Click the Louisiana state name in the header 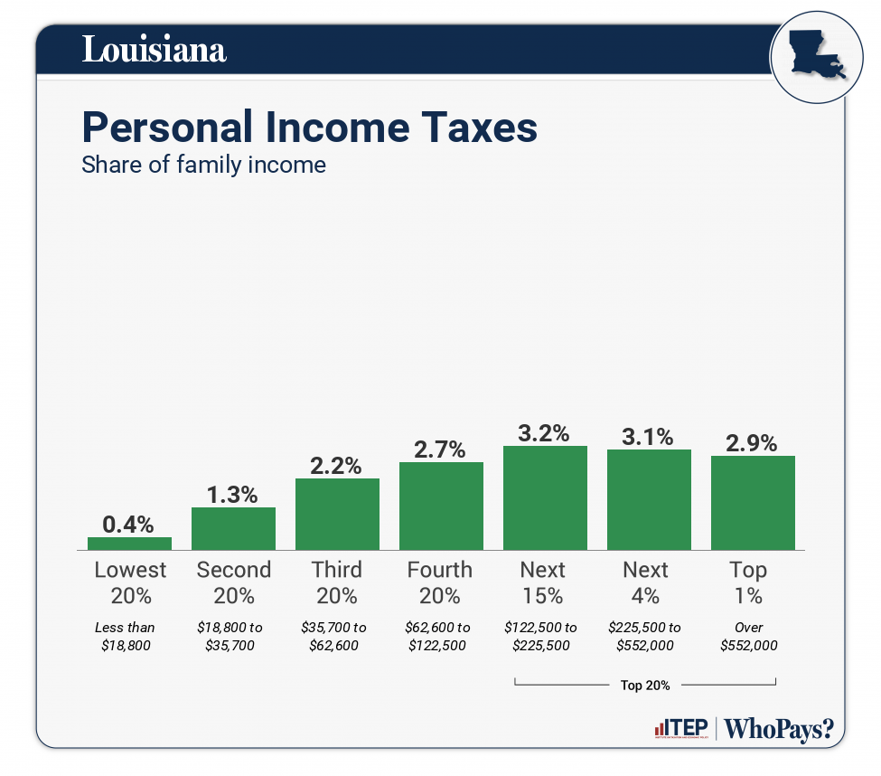tap(154, 50)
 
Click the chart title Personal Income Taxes tap(309, 128)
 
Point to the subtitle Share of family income tap(203, 166)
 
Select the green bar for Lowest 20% tap(129, 544)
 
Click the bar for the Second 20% tap(233, 528)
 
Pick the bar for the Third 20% tap(337, 514)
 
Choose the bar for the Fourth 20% tap(441, 506)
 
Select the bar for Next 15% tap(545, 497)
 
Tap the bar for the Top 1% tap(753, 502)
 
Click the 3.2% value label tap(545, 432)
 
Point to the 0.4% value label tap(128, 524)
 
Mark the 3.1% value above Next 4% tap(648, 437)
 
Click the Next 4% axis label tap(646, 582)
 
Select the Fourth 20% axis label tap(440, 582)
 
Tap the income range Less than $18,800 tap(126, 636)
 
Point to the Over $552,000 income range tap(749, 636)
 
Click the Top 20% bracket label tap(645, 686)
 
